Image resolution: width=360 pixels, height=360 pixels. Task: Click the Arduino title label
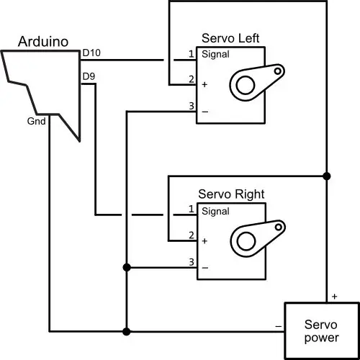click(43, 42)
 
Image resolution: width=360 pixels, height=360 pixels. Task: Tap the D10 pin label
click(91, 53)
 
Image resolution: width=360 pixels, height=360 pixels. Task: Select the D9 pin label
click(89, 76)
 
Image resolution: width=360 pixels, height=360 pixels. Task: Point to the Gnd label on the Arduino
click(36, 121)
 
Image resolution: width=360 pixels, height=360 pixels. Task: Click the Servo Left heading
click(230, 38)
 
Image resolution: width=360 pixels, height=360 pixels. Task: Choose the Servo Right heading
click(231, 194)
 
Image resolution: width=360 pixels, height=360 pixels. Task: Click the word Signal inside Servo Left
click(215, 54)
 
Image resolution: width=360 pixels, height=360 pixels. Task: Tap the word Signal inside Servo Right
click(215, 211)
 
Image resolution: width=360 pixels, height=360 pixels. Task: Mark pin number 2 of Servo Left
click(192, 79)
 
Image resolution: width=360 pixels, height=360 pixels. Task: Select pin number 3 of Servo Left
click(192, 106)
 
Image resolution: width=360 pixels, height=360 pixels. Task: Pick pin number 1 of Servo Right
click(192, 209)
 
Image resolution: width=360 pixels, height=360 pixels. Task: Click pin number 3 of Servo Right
click(192, 262)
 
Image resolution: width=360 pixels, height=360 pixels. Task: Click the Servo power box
click(322, 331)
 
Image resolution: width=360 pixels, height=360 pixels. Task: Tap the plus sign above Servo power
click(335, 297)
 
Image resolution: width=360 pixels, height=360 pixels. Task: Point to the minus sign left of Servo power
click(279, 326)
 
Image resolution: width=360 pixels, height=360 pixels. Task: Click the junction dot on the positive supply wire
click(327, 176)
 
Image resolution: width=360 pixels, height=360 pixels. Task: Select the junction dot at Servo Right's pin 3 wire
click(127, 267)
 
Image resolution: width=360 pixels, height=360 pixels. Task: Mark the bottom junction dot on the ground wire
click(127, 332)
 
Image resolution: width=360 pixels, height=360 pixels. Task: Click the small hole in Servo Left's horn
click(278, 71)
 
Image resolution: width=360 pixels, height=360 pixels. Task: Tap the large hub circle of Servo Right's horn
click(246, 241)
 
